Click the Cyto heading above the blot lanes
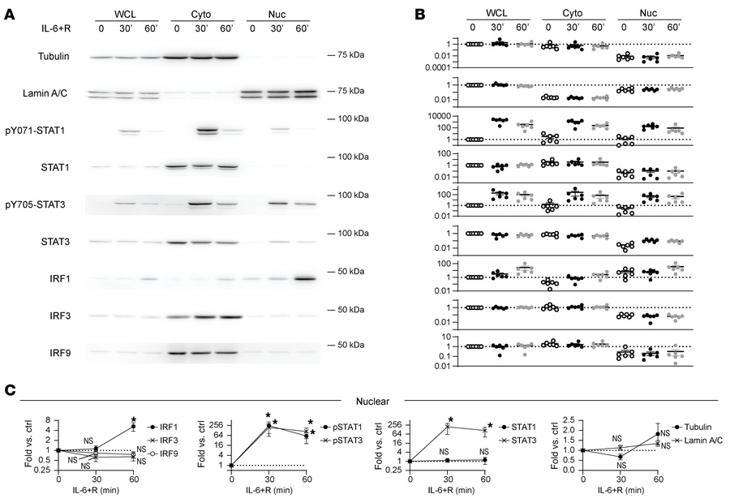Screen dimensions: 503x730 [201, 14]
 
